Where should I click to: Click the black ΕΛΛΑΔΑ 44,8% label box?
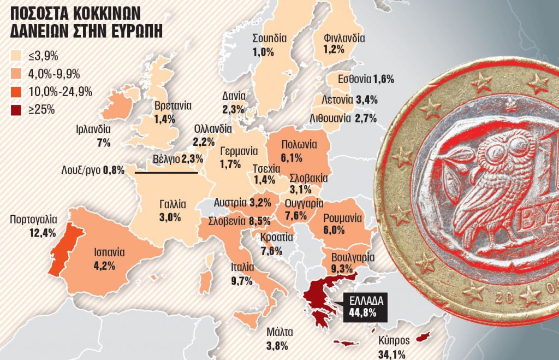pos(363,307)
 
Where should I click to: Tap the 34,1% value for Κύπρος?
pos(391,355)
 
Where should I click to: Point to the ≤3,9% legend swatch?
pos(17,56)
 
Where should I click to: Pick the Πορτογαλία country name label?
pos(33,220)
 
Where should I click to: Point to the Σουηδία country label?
pos(270,38)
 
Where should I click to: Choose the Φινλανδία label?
pos(344,38)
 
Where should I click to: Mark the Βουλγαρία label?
pos(352,257)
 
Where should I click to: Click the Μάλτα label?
pos(280,332)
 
